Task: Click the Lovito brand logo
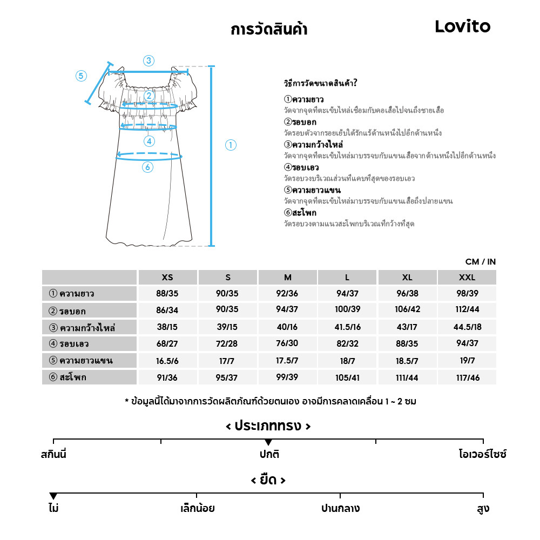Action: (x=462, y=26)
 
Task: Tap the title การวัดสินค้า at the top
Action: (x=268, y=29)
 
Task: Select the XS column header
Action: (x=167, y=278)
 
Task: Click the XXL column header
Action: (x=467, y=278)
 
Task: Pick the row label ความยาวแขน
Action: (x=86, y=361)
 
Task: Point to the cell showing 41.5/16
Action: (x=347, y=327)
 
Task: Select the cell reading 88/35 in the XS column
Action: (x=167, y=294)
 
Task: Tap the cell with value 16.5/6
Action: (x=167, y=361)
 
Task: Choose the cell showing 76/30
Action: (x=287, y=344)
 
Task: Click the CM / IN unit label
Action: (x=480, y=262)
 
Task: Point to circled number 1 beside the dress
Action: (x=231, y=145)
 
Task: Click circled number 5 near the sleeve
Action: (x=81, y=76)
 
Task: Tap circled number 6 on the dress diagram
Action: (x=148, y=167)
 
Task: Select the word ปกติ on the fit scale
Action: (x=269, y=454)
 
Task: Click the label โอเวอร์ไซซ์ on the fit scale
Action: (x=482, y=454)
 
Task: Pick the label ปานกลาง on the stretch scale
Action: (x=340, y=509)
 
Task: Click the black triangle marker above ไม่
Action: (x=53, y=496)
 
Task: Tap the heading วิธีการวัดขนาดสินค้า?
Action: (x=321, y=83)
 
